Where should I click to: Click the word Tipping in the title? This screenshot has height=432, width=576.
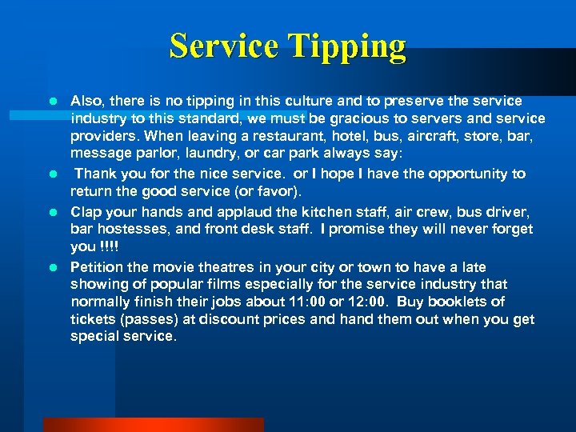coord(350,47)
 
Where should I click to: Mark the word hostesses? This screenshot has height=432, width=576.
coord(130,230)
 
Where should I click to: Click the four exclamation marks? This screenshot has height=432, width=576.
coord(108,246)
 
